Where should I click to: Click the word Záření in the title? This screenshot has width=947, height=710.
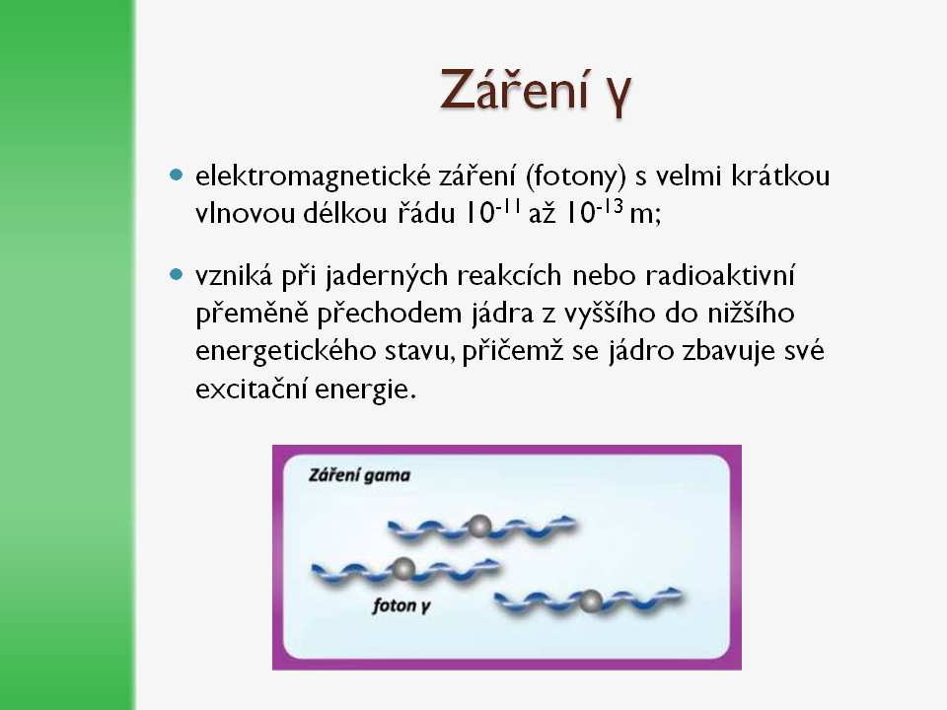tap(515, 90)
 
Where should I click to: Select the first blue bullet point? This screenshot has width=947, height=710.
tap(176, 176)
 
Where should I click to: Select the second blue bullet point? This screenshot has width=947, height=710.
tap(176, 275)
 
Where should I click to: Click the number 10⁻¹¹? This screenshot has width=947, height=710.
tap(492, 210)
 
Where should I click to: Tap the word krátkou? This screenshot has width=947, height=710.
tap(780, 176)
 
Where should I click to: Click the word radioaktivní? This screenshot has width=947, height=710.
tap(720, 275)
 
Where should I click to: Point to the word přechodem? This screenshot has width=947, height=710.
tap(389, 314)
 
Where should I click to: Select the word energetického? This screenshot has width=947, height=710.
tap(286, 352)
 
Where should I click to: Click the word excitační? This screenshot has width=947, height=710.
tap(252, 389)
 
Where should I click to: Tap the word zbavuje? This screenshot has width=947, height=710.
tap(734, 352)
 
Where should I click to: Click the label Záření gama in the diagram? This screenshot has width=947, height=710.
tap(359, 475)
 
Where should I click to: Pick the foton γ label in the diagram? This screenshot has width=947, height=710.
tap(401, 605)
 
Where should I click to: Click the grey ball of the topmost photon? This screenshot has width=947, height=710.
tap(479, 527)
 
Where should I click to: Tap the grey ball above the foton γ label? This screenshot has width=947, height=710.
tap(402, 569)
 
